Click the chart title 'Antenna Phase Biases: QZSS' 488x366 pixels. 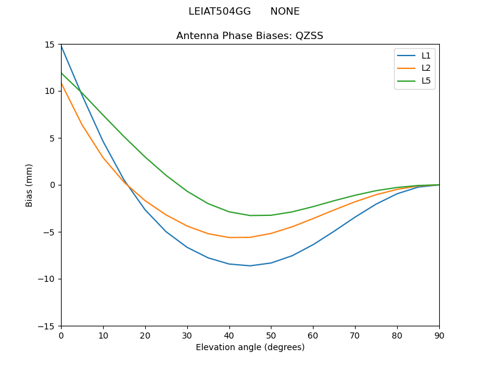[249, 36]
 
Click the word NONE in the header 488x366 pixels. [285, 12]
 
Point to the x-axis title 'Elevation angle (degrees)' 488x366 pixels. [250, 348]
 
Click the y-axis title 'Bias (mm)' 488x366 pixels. [29, 185]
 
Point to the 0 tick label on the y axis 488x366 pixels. [53, 185]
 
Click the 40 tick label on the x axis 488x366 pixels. [229, 335]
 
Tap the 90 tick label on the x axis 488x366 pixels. [439, 335]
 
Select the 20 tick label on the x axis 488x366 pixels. [145, 335]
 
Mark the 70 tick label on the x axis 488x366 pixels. [355, 335]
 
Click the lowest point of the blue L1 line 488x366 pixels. [250, 266]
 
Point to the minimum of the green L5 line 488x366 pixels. [250, 215]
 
